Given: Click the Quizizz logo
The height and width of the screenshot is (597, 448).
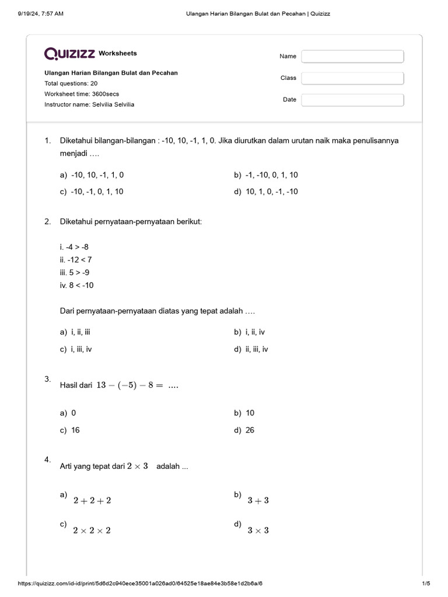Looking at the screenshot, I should [70, 54].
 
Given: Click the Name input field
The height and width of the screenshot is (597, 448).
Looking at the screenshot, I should [352, 57].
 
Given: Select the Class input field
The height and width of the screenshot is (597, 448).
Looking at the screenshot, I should [352, 78].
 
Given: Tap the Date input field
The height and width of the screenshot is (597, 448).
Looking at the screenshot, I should [352, 100].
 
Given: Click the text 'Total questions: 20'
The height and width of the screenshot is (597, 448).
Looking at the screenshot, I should [71, 83].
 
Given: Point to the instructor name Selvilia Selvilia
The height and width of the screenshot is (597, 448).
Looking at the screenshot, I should [89, 104].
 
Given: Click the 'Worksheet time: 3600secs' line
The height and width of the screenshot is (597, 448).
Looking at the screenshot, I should [82, 94].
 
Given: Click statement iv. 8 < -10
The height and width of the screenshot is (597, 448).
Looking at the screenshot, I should [76, 286].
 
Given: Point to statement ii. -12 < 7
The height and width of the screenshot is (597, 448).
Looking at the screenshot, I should [76, 260].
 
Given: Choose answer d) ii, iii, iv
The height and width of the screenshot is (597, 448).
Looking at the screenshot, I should [257, 349].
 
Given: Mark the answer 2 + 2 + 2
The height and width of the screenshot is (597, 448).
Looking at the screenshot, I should [92, 500].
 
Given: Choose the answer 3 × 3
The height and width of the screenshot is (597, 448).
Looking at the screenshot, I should [258, 531].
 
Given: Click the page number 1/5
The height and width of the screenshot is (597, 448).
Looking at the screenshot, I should [426, 584].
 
